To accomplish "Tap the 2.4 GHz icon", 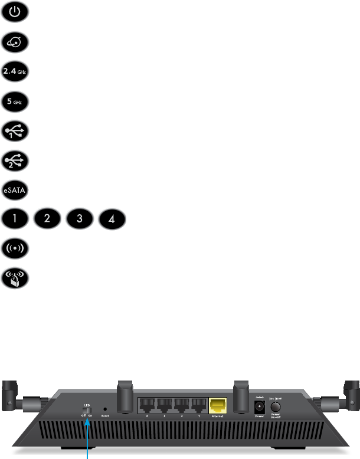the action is click(14, 71).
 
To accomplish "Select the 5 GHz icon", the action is click(14, 100).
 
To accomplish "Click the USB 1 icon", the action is click(14, 130).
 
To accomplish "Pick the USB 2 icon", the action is click(14, 160).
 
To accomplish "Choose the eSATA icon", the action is click(14, 190).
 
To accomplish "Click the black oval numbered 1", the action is click(14, 219).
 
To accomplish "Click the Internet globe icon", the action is click(14, 42).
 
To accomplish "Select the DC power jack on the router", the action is click(258, 407).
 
